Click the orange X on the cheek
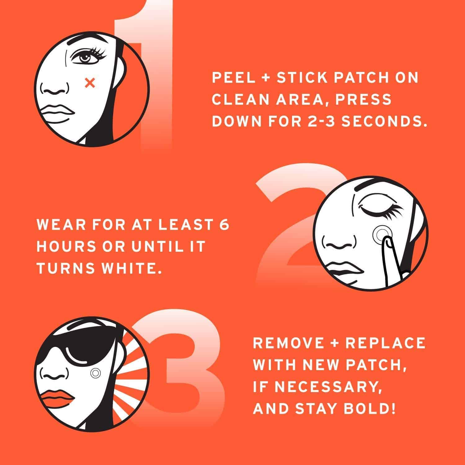90,82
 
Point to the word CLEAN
238,100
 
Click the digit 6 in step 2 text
224,225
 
